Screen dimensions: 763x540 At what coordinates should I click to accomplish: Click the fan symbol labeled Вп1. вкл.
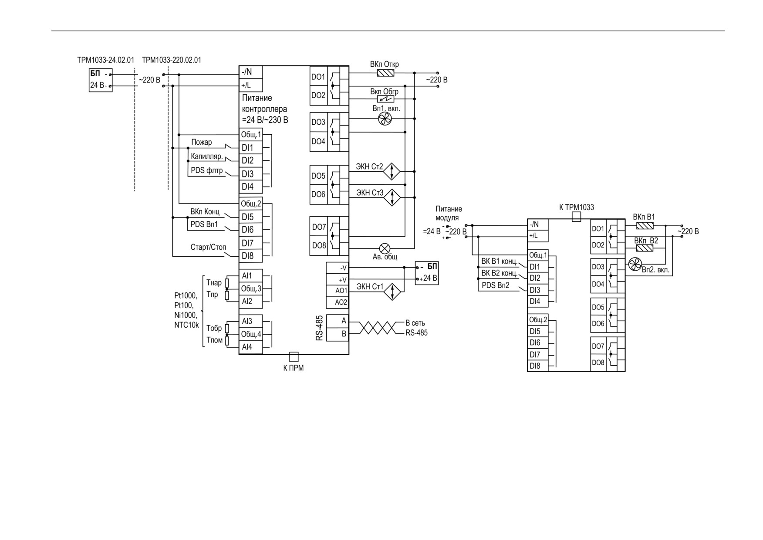385,119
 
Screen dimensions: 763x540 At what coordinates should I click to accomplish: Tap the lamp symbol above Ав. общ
385,248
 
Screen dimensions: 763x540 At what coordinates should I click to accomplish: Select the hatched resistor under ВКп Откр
385,73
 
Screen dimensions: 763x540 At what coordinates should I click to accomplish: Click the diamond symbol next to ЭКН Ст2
392,171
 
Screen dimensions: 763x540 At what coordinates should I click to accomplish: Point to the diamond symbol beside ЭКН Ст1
392,292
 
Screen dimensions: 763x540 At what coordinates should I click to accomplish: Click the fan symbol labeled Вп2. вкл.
635,264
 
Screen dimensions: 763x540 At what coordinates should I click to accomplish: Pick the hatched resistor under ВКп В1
645,226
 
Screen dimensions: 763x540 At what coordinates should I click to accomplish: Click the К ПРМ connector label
294,368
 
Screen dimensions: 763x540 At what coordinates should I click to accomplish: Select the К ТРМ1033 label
577,207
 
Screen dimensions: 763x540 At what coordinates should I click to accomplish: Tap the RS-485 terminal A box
338,321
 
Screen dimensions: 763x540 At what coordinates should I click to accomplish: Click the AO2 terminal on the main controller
338,302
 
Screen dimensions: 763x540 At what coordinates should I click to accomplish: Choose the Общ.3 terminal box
251,289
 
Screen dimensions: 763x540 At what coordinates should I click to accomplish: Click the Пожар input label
202,142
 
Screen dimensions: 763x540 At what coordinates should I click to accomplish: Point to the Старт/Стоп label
208,247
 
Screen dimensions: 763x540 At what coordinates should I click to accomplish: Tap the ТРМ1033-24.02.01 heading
106,60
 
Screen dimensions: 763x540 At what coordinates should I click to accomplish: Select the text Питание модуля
449,213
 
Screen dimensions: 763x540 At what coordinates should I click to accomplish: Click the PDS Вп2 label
496,285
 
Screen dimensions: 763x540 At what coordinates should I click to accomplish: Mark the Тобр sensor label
214,328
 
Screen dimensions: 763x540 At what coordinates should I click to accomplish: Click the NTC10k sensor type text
186,325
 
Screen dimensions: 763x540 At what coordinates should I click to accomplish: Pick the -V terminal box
338,268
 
